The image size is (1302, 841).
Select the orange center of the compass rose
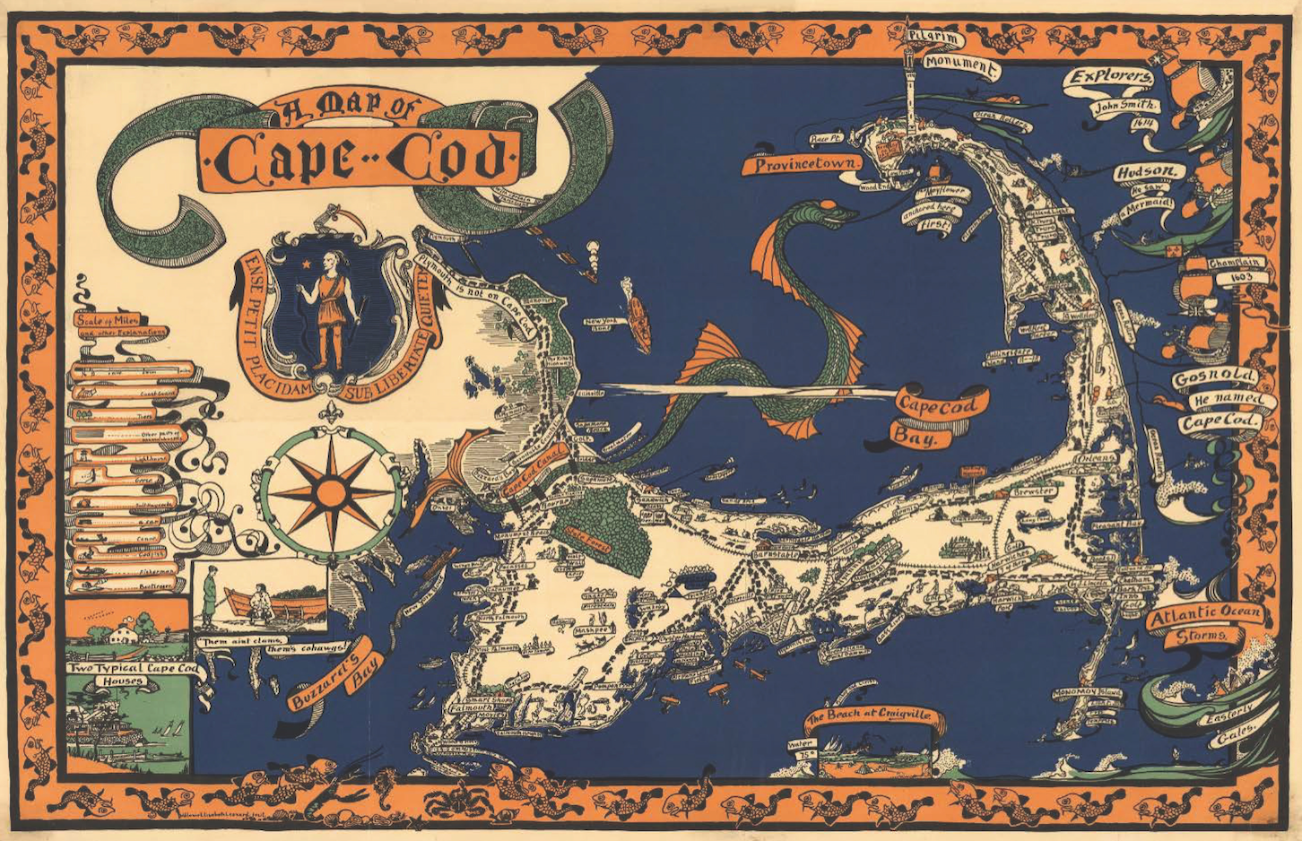(x=333, y=492)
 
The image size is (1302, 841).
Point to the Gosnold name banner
(x=1214, y=377)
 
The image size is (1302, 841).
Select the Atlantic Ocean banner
(x=1206, y=615)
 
